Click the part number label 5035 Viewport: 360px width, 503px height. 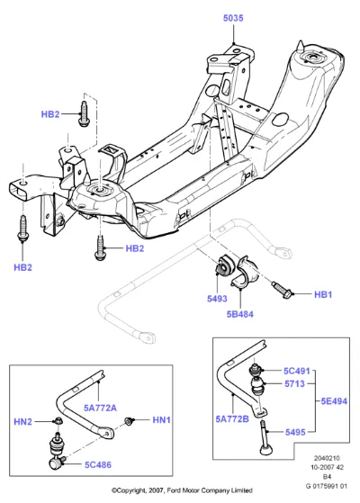coord(233,18)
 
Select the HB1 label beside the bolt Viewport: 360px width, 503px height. coord(323,294)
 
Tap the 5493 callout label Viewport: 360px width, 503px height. coord(217,299)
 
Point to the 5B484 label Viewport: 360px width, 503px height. coord(240,314)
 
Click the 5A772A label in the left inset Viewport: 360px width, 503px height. coord(100,408)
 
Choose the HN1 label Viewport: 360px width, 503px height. coord(161,420)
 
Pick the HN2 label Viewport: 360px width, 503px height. coord(23,421)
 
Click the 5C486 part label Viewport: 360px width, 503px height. coord(98,464)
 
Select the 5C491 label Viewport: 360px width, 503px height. coord(297,371)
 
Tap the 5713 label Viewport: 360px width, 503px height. coord(294,383)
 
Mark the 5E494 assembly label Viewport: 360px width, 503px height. coord(334,401)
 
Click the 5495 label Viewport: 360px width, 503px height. coord(295,432)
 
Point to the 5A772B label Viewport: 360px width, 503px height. coord(232,419)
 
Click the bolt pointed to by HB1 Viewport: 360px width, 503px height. coord(282,290)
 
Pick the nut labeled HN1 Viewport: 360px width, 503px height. coord(130,420)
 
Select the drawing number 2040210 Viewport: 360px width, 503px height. coord(327,458)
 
